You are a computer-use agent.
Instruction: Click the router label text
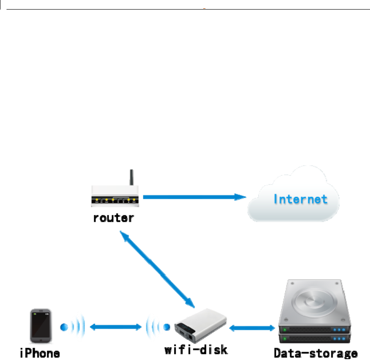[x=114, y=218]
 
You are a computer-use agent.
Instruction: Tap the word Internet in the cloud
[x=300, y=200]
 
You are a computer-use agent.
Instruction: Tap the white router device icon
[x=115, y=196]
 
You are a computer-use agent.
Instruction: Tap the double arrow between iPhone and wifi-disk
[x=116, y=326]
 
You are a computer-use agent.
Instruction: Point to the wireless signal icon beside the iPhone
[x=71, y=326]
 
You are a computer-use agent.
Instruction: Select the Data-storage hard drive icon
[x=315, y=313]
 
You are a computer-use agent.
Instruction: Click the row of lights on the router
[x=115, y=201]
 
